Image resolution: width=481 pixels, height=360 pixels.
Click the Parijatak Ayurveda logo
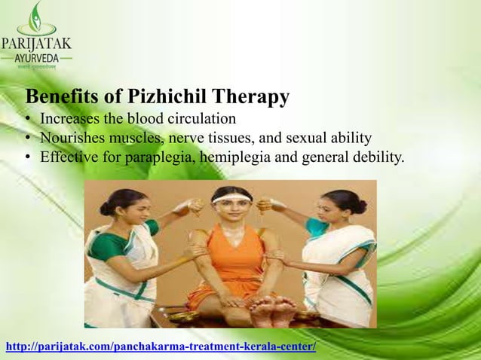click(x=36, y=35)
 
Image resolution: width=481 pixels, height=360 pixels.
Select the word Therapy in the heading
click(x=251, y=98)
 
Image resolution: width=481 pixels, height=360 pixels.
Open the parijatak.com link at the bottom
click(x=161, y=347)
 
